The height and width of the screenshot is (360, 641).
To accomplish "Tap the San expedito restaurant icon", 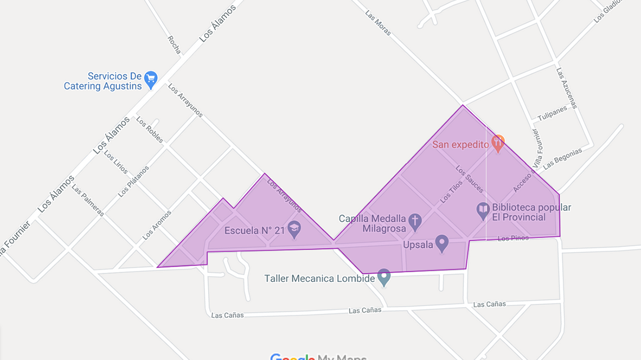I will pyautogui.click(x=498, y=143).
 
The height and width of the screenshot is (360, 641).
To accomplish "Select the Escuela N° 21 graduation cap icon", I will pyautogui.click(x=294, y=228).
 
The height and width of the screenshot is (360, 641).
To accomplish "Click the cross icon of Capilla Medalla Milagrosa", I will pyautogui.click(x=415, y=221).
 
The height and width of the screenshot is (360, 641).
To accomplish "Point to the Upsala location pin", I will pyautogui.click(x=442, y=244).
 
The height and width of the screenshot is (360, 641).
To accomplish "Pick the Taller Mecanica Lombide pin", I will pyautogui.click(x=383, y=277).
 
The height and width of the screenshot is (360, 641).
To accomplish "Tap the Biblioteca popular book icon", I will pyautogui.click(x=483, y=211).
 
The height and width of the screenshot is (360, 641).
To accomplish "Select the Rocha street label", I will pyautogui.click(x=174, y=45).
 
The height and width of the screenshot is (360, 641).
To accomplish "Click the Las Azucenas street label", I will pyautogui.click(x=567, y=88).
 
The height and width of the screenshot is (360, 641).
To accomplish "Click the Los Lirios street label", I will pyautogui.click(x=116, y=162).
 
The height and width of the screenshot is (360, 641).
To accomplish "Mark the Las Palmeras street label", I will pyautogui.click(x=88, y=200).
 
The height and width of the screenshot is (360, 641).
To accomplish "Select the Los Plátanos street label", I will pyautogui.click(x=134, y=181).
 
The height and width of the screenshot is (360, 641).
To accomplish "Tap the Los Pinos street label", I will pyautogui.click(x=513, y=238).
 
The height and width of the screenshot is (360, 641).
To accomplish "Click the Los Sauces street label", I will pyautogui.click(x=470, y=179).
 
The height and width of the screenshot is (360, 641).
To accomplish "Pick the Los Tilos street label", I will pyautogui.click(x=452, y=191).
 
